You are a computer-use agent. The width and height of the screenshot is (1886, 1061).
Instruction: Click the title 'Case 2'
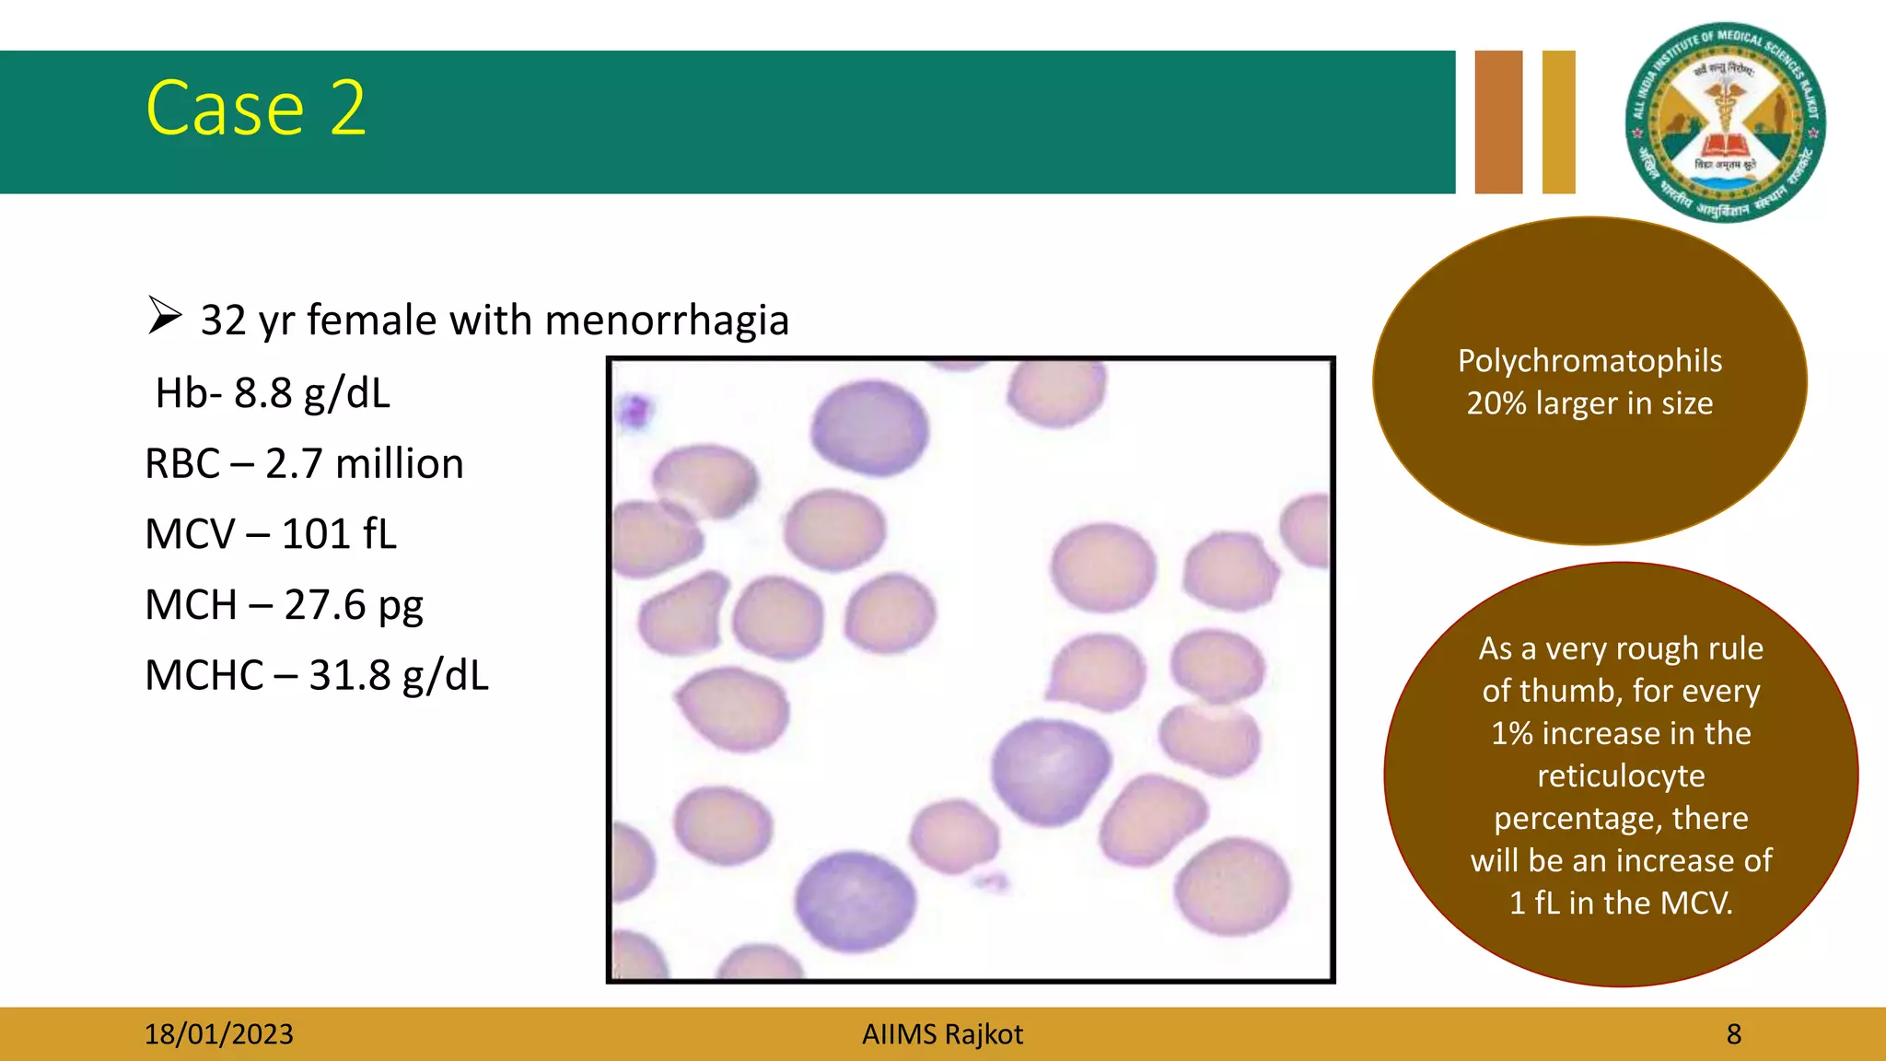point(256,109)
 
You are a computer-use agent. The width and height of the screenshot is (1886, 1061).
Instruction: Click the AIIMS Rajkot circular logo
point(1725,122)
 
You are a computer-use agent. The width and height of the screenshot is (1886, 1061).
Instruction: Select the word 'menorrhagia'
point(667,321)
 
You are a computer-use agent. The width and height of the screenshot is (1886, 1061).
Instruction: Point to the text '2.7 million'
point(364,463)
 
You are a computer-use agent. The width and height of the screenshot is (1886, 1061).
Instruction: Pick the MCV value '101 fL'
point(338,534)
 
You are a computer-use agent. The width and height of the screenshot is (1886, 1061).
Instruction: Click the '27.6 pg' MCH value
point(353,605)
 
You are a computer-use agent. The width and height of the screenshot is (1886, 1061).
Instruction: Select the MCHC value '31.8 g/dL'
point(398,676)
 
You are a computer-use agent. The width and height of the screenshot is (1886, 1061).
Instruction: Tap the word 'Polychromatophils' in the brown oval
point(1589,361)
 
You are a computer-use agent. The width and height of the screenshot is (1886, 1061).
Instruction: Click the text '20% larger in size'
point(1589,403)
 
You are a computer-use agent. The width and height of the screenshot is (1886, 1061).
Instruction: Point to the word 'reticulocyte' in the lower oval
point(1621,775)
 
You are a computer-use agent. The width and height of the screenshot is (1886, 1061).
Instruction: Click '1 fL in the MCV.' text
point(1621,903)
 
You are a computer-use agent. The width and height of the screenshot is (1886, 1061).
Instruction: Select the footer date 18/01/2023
point(218,1034)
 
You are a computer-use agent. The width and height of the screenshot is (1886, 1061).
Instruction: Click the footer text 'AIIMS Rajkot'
point(942,1034)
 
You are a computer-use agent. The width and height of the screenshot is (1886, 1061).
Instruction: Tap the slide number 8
point(1733,1034)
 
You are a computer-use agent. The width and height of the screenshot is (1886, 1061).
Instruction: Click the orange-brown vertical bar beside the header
point(1498,122)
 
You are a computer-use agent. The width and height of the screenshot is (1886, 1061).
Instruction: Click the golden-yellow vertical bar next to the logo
point(1558,122)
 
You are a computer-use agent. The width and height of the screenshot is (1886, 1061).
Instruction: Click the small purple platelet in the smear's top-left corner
point(634,409)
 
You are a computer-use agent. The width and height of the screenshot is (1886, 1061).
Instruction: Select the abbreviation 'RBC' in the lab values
point(182,463)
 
